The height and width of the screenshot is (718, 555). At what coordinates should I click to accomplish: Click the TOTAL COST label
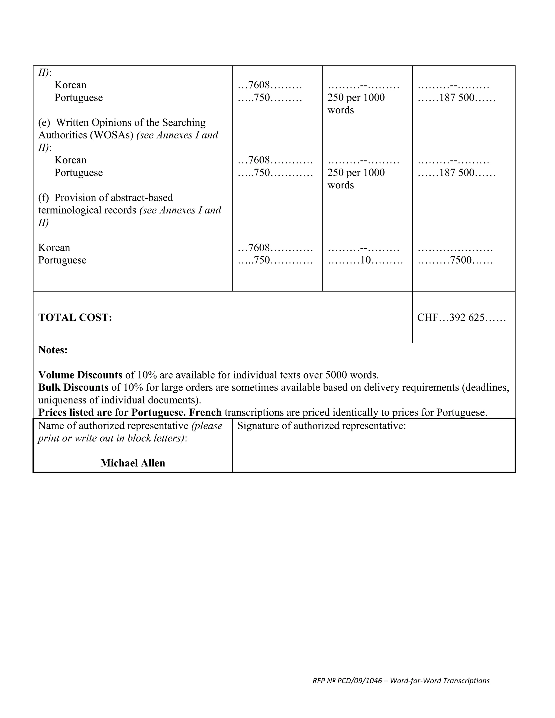[75, 318]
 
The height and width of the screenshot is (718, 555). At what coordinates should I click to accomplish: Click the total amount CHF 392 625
[461, 318]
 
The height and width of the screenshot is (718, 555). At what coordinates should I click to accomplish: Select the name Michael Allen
[133, 463]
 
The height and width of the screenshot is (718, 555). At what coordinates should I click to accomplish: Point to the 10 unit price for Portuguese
[365, 260]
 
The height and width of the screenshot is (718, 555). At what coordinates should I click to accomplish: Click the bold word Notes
[53, 350]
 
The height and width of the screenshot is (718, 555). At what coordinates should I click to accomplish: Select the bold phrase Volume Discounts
[80, 375]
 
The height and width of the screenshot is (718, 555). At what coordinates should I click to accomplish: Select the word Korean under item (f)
[54, 248]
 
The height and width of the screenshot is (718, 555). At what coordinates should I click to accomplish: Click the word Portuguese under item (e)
[79, 173]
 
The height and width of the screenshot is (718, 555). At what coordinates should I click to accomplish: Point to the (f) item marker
[43, 198]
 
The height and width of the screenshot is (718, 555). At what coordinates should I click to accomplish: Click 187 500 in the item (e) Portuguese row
[457, 173]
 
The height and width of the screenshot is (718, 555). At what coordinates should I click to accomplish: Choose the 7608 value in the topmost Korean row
[259, 85]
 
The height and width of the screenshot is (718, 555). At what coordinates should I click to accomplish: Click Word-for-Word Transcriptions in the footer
[440, 681]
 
